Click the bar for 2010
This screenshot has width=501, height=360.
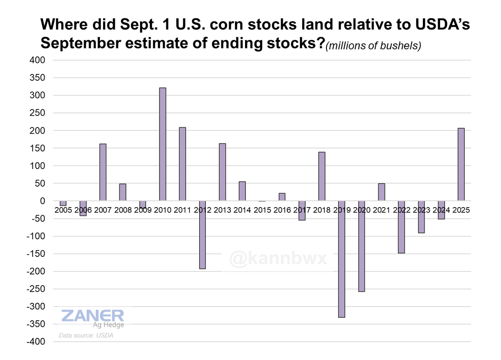[163, 144]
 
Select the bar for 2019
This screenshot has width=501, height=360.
[342, 259]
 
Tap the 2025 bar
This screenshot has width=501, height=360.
[461, 165]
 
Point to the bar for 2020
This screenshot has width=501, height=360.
[362, 246]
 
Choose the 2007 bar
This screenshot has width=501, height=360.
[103, 172]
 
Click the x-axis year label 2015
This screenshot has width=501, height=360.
[262, 210]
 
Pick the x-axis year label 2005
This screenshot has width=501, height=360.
[63, 210]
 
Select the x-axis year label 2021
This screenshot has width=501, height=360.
[382, 210]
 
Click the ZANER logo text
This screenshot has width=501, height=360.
[92, 316]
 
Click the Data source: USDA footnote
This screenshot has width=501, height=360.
[86, 335]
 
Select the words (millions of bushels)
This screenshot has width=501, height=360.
[374, 46]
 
